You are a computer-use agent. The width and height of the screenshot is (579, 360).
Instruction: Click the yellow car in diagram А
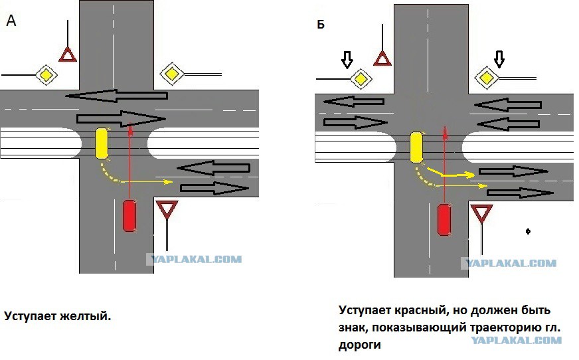pos(102,143)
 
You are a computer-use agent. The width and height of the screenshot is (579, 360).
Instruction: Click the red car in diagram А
pos(129,216)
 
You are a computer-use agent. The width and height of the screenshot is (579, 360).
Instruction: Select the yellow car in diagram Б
pos(416,147)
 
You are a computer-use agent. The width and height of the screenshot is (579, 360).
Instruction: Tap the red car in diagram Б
pos(444,220)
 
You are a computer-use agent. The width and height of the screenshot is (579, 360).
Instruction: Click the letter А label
pos(11,21)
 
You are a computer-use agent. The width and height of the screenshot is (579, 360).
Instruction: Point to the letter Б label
pos(321,25)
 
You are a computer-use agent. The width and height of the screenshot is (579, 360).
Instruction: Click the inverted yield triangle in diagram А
pos(167,210)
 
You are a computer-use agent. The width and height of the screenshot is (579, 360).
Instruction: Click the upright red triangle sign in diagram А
pos(68,54)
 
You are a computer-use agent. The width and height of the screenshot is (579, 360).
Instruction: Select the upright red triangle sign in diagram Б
pos(382,58)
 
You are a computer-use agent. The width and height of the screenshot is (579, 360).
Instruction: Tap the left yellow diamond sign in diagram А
pos(46,75)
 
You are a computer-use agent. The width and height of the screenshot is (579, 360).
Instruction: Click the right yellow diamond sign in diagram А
pos(172,74)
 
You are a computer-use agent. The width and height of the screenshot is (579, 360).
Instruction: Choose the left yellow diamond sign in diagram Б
pos(361,79)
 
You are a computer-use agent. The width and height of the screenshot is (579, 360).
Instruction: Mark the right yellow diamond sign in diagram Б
pos(487,78)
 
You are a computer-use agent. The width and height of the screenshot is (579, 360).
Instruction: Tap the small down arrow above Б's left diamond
pos(347,59)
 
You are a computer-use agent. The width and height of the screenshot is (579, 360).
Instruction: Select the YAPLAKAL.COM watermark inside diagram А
pos(195,259)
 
